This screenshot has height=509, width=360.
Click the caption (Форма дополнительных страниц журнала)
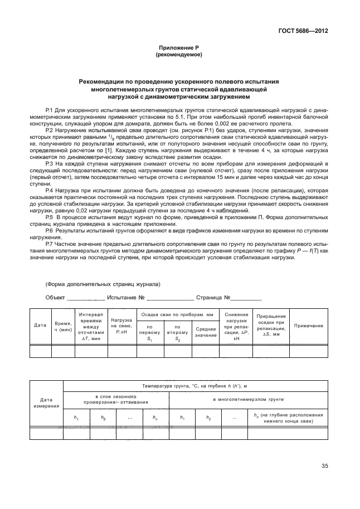click(103, 284)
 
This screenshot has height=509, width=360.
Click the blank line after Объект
click(85, 298)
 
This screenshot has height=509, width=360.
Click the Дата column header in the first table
click(40, 325)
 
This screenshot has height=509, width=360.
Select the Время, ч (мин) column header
click(63, 326)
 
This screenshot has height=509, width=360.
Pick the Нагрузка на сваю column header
click(121, 325)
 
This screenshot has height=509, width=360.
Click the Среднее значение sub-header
click(206, 331)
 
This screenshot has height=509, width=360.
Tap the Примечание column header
click(308, 325)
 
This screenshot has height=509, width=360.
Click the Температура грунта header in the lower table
click(195, 385)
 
